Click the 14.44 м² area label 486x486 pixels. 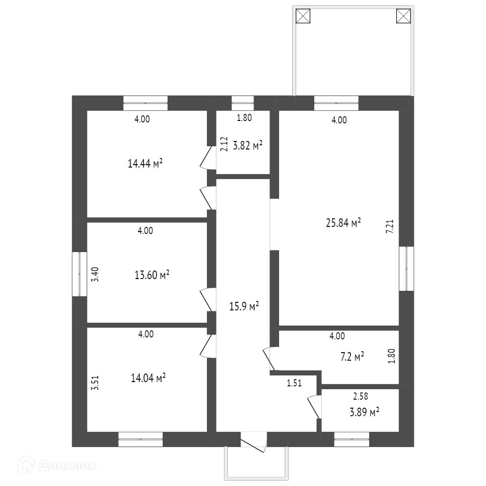point(145,163)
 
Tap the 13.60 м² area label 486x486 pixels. point(152,275)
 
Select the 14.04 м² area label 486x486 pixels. point(148,378)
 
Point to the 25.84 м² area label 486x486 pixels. point(344,223)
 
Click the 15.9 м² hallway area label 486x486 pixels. point(244,306)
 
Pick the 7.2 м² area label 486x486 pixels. point(352,356)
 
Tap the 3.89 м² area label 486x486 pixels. point(364,412)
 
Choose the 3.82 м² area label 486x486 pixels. point(248,145)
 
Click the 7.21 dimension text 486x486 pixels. point(390,226)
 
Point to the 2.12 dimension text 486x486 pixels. point(224,144)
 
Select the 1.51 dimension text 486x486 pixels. point(294,383)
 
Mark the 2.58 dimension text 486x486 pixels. point(361,396)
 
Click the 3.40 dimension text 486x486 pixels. point(95,274)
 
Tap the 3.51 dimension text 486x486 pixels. point(95,383)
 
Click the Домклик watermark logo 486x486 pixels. point(57,465)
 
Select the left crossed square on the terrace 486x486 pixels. point(303,16)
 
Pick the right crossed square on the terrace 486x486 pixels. point(403,16)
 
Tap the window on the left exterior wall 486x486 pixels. point(79,274)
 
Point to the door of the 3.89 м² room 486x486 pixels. point(315,407)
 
